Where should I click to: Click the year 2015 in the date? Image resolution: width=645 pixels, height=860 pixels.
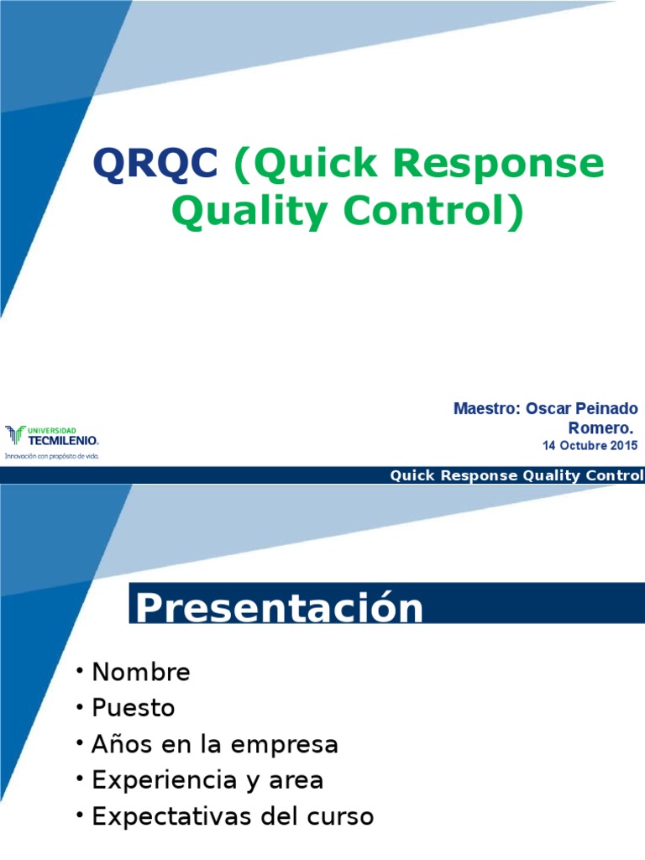coord(622,446)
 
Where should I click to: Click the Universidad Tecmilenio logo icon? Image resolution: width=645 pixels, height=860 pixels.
coord(15,434)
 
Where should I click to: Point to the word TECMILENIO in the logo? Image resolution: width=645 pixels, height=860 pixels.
coord(63,440)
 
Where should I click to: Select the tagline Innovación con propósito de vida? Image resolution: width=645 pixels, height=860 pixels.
coord(52,456)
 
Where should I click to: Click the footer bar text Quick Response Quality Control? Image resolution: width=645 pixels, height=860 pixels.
coord(517,476)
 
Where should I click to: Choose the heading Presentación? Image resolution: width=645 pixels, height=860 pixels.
coord(280,608)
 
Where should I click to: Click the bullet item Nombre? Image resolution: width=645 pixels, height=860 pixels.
coord(141,672)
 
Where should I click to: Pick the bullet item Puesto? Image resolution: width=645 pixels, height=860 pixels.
coord(134,708)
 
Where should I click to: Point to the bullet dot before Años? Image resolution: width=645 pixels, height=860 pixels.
coord(79,742)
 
